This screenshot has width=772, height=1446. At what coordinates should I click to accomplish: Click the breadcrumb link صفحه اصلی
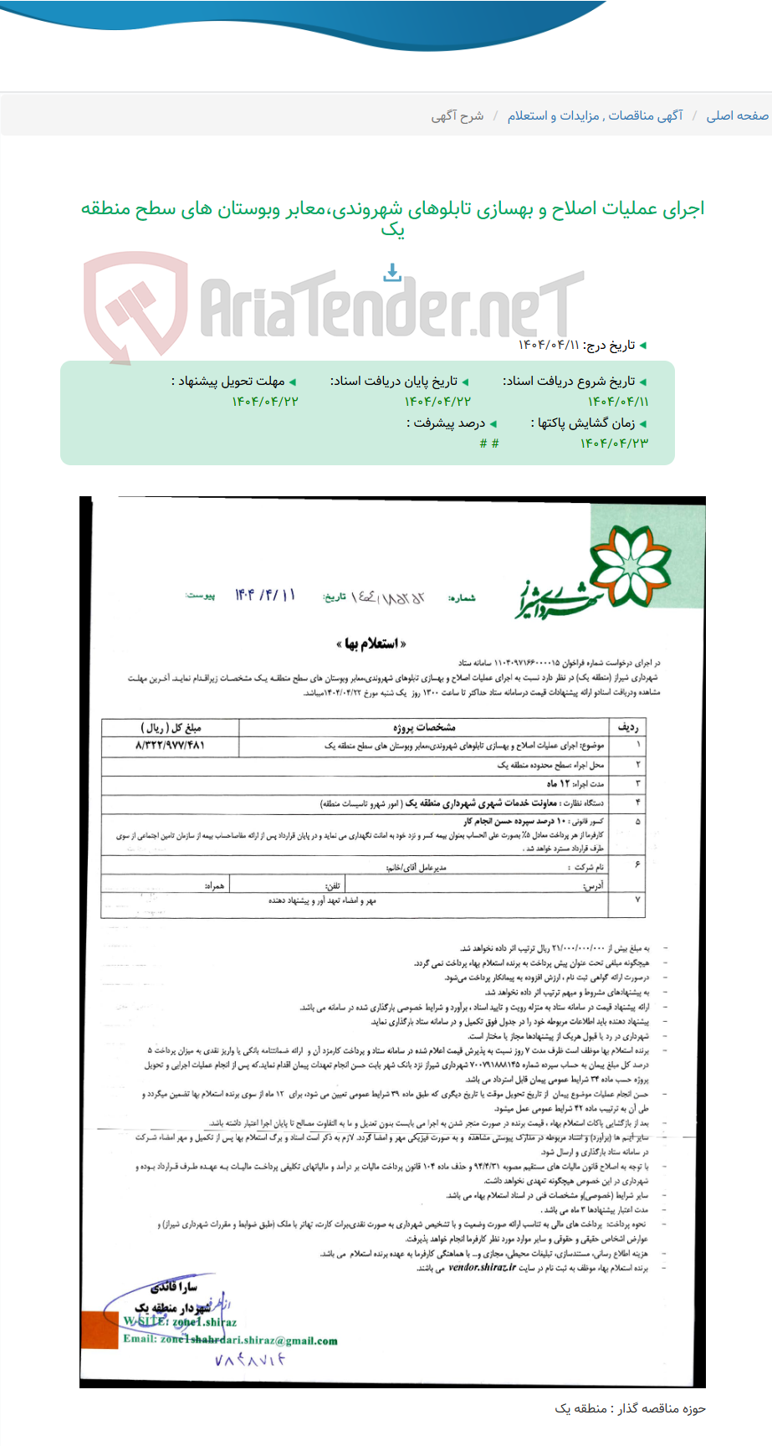pos(737,115)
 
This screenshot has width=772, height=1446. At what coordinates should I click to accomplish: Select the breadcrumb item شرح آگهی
pos(458,115)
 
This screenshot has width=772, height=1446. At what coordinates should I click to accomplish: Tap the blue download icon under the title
pos(392,272)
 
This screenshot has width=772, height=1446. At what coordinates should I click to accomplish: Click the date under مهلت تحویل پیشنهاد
pos(265,402)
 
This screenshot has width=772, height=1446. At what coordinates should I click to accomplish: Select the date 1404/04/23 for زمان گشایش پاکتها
pos(614,443)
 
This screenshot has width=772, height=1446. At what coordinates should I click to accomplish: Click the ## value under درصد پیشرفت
pos(489,444)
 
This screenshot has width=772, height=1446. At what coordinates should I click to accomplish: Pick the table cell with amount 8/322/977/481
pos(170,744)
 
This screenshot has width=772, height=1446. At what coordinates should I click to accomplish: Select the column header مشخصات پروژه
pos(424,726)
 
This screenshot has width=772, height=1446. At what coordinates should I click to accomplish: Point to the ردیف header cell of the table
pos(628,726)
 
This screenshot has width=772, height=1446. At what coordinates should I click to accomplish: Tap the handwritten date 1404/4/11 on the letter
pos(264,595)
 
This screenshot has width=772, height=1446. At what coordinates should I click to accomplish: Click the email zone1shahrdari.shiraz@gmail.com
pos(230,1340)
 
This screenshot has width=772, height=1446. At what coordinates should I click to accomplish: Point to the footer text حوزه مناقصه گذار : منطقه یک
pos(630,1409)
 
